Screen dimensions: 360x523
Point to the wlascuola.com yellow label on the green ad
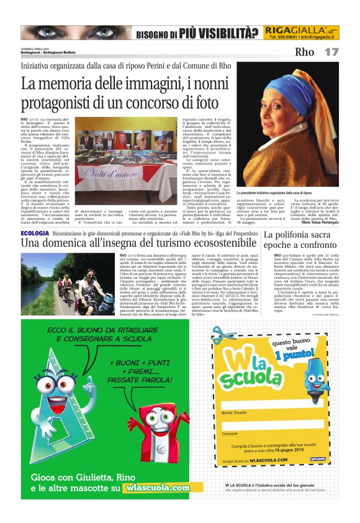coord(157,488)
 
